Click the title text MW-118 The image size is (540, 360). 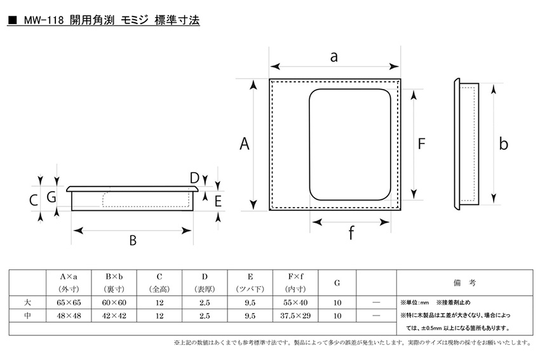pyautogui.click(x=44, y=20)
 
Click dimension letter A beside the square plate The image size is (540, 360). pyautogui.click(x=244, y=143)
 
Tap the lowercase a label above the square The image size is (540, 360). pyautogui.click(x=334, y=57)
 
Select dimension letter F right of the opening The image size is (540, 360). pyautogui.click(x=422, y=143)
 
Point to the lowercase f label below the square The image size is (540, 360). pyautogui.click(x=351, y=232)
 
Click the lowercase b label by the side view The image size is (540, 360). pyautogui.click(x=504, y=143)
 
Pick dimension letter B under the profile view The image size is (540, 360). pyautogui.click(x=133, y=240)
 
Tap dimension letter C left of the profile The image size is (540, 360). pyautogui.click(x=34, y=200)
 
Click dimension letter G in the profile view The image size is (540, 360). pyautogui.click(x=51, y=197)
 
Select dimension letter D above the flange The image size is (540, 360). pyautogui.click(x=194, y=178)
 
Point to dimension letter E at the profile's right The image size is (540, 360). pyautogui.click(x=218, y=201)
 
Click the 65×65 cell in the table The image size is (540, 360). pyautogui.click(x=69, y=302)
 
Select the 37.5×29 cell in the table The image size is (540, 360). pyautogui.click(x=295, y=316)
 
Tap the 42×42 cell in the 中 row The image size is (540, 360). pyautogui.click(x=114, y=316)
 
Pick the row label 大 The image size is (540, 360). pyautogui.click(x=27, y=302)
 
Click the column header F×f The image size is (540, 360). pyautogui.click(x=295, y=277)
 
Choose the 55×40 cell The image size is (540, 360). pyautogui.click(x=295, y=302)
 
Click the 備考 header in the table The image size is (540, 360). pyautogui.click(x=464, y=283)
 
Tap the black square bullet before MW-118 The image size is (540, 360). pyautogui.click(x=13, y=21)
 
